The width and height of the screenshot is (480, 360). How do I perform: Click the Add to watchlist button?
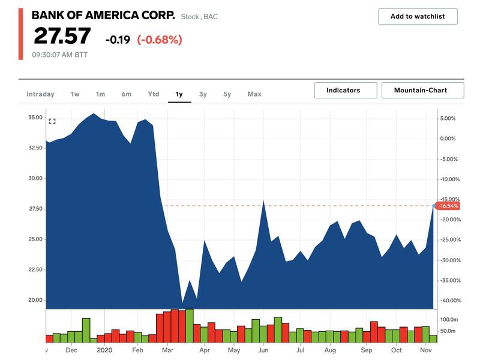[x=418, y=16]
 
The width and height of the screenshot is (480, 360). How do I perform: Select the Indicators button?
[x=343, y=91]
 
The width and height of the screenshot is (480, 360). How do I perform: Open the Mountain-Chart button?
[x=422, y=91]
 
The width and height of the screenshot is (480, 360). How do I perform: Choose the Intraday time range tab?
[x=40, y=94]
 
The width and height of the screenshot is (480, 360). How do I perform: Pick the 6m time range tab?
[x=126, y=94]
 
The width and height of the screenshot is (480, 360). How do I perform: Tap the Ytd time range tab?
[x=154, y=94]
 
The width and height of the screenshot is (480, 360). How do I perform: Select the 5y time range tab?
[x=227, y=94]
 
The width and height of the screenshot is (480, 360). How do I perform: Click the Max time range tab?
[x=254, y=94]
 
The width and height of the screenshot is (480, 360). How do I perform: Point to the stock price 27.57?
[x=62, y=37]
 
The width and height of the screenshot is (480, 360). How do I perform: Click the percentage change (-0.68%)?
[x=159, y=40]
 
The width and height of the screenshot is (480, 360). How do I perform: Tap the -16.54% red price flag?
[x=448, y=206]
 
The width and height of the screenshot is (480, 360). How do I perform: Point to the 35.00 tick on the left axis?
[x=35, y=118]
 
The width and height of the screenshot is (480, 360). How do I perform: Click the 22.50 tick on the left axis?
[x=35, y=269]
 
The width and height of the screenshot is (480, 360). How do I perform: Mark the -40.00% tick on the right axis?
[x=451, y=301]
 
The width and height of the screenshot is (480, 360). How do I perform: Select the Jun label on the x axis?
[x=263, y=350]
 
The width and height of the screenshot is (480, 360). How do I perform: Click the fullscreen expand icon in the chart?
[x=52, y=121]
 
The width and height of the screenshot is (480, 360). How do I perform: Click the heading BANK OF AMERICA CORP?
[x=103, y=16]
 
